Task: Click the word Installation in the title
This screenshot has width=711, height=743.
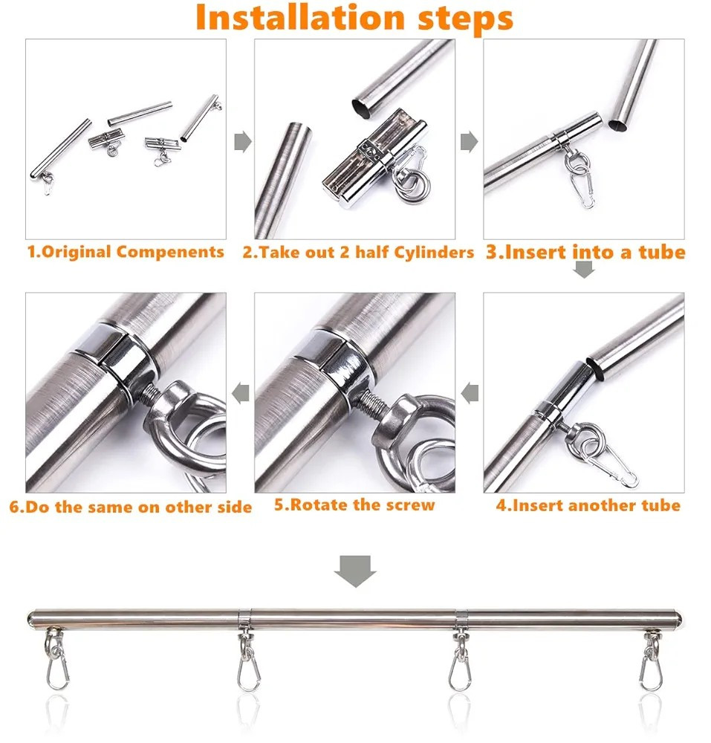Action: (x=293, y=18)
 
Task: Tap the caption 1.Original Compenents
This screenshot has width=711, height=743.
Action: (x=126, y=252)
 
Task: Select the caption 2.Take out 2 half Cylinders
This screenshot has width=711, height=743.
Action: (x=358, y=252)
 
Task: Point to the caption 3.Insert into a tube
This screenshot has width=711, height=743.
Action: (x=585, y=252)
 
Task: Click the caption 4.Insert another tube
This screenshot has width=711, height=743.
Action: (x=588, y=506)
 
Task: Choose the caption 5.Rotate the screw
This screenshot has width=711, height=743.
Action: (x=354, y=505)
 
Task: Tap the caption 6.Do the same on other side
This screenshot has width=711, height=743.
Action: (x=131, y=508)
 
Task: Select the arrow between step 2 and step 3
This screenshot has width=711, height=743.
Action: (x=469, y=141)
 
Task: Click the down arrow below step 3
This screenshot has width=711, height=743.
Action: (x=585, y=270)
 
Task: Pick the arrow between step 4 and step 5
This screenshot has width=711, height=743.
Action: (x=470, y=393)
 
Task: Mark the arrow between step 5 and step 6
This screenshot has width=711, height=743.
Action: (x=241, y=393)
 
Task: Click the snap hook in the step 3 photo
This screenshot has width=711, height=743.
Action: (x=584, y=190)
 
